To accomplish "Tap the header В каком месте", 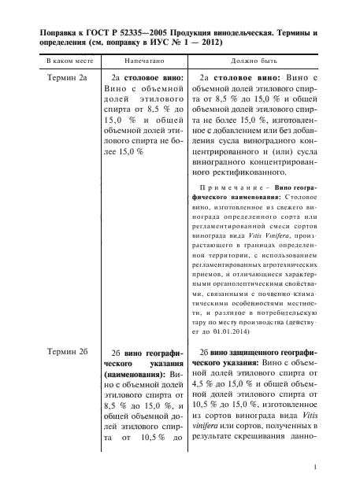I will click(65, 60).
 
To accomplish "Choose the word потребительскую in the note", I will click(286, 313).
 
